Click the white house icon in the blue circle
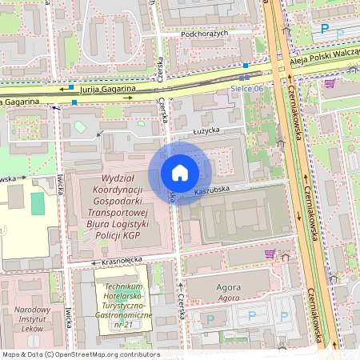pos(180,173)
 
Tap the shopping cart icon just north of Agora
pos(270,254)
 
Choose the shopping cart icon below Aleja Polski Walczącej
pos(329,82)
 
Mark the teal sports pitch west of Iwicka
pos(38,203)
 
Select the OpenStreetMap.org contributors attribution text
pos(106,354)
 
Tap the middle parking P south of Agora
pos(251,318)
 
